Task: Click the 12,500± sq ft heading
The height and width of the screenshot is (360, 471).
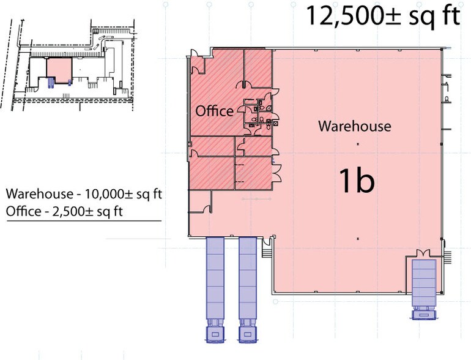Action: coord(382,17)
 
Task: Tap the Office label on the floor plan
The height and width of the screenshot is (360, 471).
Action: coord(214,111)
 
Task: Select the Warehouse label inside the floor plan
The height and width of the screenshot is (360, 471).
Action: coord(354,127)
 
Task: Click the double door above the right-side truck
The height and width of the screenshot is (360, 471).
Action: coord(423,253)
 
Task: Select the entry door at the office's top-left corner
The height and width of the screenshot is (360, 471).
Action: coord(196,62)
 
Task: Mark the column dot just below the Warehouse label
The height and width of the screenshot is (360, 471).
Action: coord(357,143)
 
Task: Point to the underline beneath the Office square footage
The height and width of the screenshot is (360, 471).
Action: coord(84,220)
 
